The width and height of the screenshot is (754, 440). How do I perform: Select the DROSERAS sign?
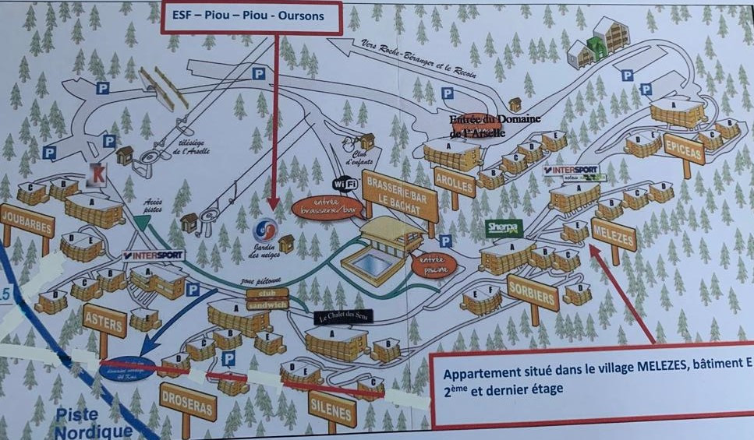click(x=187, y=401)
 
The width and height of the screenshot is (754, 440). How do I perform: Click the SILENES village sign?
click(x=332, y=407)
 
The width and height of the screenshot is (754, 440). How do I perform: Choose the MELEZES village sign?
click(x=614, y=234)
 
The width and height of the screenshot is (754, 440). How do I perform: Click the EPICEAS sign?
click(x=684, y=148)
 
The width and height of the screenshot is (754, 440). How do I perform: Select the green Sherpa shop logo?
click(x=503, y=228)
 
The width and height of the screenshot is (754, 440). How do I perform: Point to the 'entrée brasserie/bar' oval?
click(x=328, y=206)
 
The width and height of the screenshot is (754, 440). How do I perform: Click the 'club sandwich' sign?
click(x=267, y=299)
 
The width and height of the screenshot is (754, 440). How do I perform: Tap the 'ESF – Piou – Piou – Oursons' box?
click(x=252, y=17)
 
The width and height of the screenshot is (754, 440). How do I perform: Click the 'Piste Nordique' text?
click(x=94, y=424)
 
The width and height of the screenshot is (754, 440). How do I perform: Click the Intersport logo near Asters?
click(x=154, y=255)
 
